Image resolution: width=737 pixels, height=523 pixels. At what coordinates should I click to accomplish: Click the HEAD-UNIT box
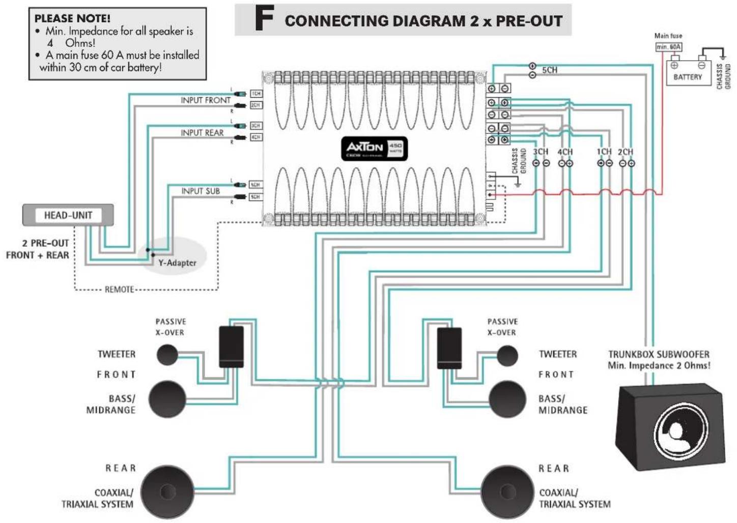pyautogui.click(x=68, y=215)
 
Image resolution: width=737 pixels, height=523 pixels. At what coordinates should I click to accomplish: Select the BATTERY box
pyautogui.click(x=688, y=73)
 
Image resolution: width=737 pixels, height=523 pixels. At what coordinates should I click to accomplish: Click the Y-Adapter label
pyautogui.click(x=177, y=263)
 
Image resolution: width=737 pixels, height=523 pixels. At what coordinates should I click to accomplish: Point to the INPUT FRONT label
pyautogui.click(x=205, y=100)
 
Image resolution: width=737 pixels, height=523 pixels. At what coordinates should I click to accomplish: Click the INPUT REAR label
pyautogui.click(x=202, y=133)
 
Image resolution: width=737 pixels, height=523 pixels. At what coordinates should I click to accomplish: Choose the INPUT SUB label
pyautogui.click(x=201, y=191)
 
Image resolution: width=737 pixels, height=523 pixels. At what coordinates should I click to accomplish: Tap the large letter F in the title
pyautogui.click(x=264, y=19)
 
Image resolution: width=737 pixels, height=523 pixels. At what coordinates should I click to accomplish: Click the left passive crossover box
pyautogui.click(x=231, y=347)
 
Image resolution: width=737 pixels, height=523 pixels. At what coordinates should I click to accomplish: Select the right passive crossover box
pyautogui.click(x=449, y=348)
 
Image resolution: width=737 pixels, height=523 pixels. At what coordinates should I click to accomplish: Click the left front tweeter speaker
pyautogui.click(x=167, y=355)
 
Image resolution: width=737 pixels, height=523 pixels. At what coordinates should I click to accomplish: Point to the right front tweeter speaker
pyautogui.click(x=507, y=356)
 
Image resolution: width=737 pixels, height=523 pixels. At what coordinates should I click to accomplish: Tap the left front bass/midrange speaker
pyautogui.click(x=167, y=399)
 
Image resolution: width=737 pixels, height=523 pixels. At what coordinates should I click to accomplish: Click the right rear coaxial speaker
pyautogui.click(x=507, y=491)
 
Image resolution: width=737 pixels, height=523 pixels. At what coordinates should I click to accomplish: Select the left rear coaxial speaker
pyautogui.click(x=167, y=491)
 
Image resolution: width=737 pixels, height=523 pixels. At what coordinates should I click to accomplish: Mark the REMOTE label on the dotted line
pyautogui.click(x=119, y=289)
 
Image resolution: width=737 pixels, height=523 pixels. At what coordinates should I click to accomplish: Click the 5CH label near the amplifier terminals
pyautogui.click(x=549, y=70)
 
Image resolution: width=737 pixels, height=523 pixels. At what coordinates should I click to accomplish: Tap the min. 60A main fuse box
pyautogui.click(x=668, y=47)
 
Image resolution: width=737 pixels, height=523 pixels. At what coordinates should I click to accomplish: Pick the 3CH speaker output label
pyautogui.click(x=541, y=152)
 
